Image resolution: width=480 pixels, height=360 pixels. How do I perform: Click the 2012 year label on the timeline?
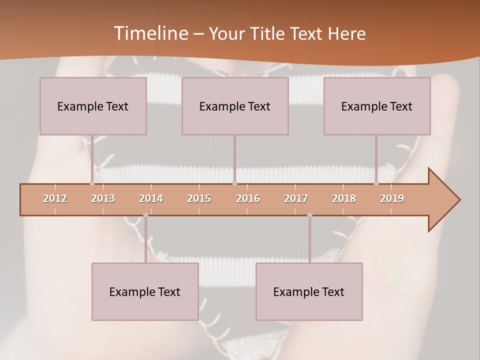pos(55,198)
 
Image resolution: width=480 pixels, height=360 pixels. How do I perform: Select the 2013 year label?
pos(103,198)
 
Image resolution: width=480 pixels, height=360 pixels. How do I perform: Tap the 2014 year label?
pos(151,198)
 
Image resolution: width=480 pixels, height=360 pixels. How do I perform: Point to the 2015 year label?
pos(199,198)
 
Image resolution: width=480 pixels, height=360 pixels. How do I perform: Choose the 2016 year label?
pos(248,198)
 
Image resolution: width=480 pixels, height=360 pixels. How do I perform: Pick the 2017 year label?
pos(296,198)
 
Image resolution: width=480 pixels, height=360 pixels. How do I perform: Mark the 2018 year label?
pos(344,198)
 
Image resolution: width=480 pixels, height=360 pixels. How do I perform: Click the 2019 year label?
pos(392,198)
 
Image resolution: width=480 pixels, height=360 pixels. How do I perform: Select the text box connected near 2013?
pos(93,106)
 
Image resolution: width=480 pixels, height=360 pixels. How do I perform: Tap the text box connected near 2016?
pos(235,106)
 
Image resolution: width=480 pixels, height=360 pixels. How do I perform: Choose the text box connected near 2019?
pos(377,106)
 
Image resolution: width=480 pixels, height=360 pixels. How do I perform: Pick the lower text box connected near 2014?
pos(145,291)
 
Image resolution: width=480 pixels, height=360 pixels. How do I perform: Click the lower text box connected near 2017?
pos(309,291)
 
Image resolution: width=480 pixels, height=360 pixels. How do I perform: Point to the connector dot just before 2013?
pos(92,183)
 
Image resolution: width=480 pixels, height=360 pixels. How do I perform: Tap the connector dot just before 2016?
pos(235,183)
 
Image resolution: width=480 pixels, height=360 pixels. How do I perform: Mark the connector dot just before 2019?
pos(376,183)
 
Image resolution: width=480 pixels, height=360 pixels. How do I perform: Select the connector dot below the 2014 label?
pos(145,215)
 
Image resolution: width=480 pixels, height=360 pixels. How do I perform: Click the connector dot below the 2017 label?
pos(309,215)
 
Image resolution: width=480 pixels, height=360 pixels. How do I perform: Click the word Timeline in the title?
pos(150,33)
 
